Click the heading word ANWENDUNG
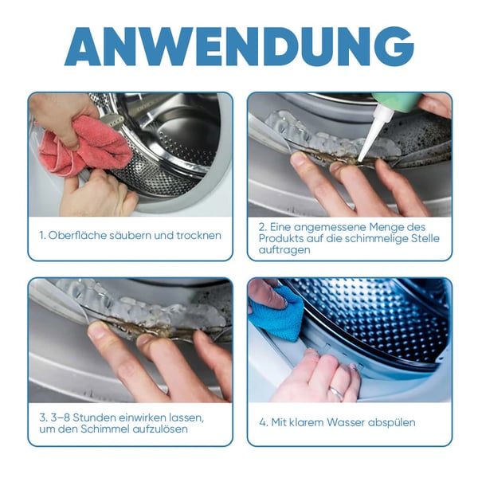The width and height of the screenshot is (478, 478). tap(239, 46)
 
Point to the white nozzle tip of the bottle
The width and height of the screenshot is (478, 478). tap(361, 159)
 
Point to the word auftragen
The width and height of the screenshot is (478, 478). tap(280, 250)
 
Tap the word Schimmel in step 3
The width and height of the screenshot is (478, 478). tap(104, 429)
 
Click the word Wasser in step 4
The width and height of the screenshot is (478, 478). tap(346, 422)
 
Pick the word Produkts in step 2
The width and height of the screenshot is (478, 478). tap(281, 238)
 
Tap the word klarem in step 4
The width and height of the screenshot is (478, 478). tap(307, 422)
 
